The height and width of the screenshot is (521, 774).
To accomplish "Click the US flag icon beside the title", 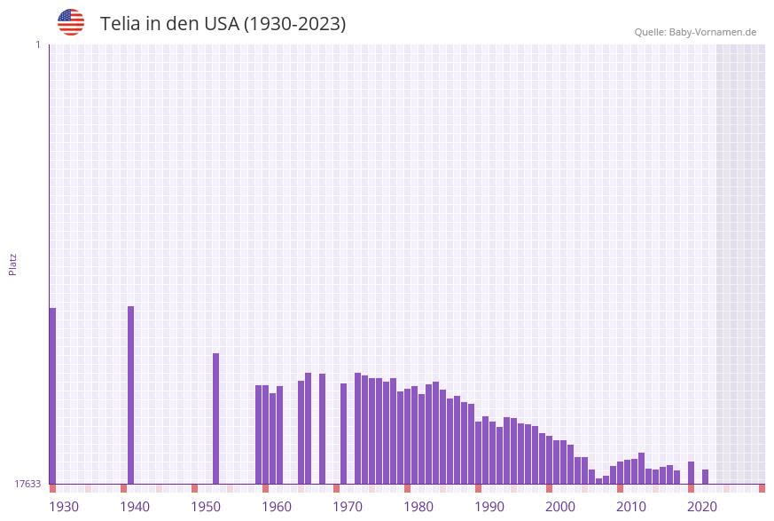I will point(71,22).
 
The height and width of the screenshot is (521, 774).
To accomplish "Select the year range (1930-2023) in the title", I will point(294,24).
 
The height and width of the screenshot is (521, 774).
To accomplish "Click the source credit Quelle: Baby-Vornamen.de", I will point(695,32).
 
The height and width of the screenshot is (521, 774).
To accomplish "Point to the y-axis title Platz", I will point(13,264).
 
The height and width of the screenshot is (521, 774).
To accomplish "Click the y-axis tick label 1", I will point(37,44).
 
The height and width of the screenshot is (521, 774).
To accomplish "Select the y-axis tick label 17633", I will point(27,484).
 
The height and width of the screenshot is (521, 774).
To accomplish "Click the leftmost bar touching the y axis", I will point(52,396).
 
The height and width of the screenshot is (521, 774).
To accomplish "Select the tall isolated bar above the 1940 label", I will point(130,395).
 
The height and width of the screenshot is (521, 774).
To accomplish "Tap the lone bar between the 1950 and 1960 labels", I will point(215,418).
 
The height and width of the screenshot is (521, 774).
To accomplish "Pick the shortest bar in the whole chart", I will point(598,481).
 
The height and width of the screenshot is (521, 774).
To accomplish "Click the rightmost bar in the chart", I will point(705,477).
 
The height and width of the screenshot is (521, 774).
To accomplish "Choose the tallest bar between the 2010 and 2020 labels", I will point(641,468).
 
